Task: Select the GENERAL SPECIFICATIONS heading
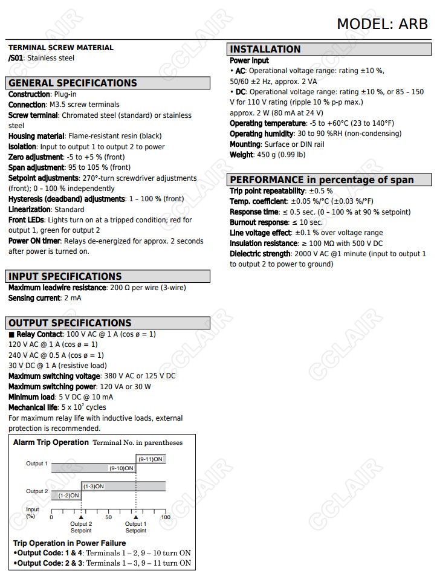click(73, 83)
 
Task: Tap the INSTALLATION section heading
click(265, 50)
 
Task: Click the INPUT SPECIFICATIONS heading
click(65, 277)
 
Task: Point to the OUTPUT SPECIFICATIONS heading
click(70, 323)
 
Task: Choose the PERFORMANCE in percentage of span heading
click(322, 180)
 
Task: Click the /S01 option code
click(16, 58)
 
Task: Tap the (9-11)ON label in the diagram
click(151, 459)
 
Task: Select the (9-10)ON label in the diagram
click(121, 468)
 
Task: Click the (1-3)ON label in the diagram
click(93, 487)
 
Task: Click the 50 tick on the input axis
click(109, 517)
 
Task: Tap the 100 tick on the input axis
click(166, 517)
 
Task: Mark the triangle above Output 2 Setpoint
click(81, 517)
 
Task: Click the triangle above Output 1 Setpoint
click(136, 517)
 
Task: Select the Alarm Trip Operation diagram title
click(51, 442)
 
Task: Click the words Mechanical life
click(33, 408)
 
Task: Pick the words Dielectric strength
click(260, 254)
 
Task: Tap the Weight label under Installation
click(242, 155)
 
